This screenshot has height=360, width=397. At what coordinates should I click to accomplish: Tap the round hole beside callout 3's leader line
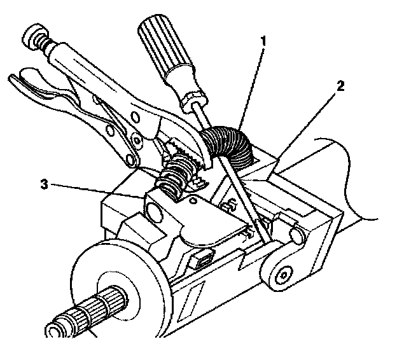tap(155, 211)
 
